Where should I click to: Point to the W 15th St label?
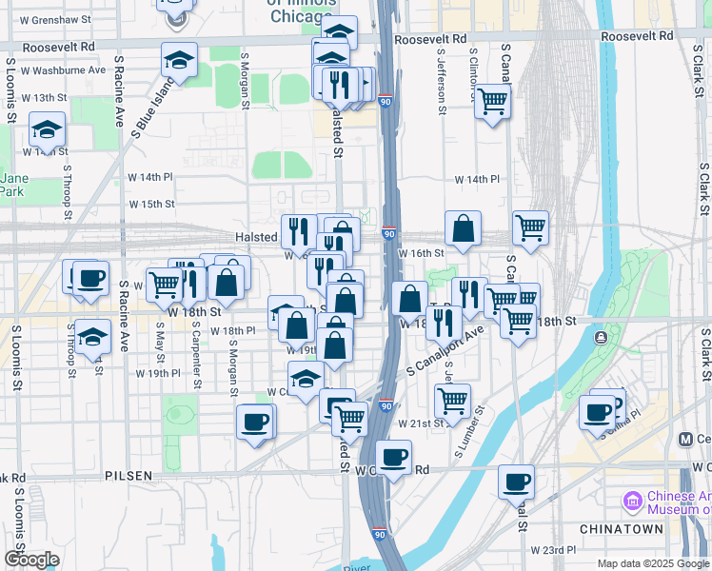[151, 204]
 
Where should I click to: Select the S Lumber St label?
[469, 433]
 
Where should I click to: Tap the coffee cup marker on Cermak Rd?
[392, 457]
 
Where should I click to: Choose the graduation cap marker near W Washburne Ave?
[179, 60]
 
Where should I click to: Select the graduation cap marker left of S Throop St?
[47, 130]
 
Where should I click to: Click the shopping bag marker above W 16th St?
[463, 228]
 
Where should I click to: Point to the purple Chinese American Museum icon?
[631, 500]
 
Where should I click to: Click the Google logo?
[32, 559]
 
